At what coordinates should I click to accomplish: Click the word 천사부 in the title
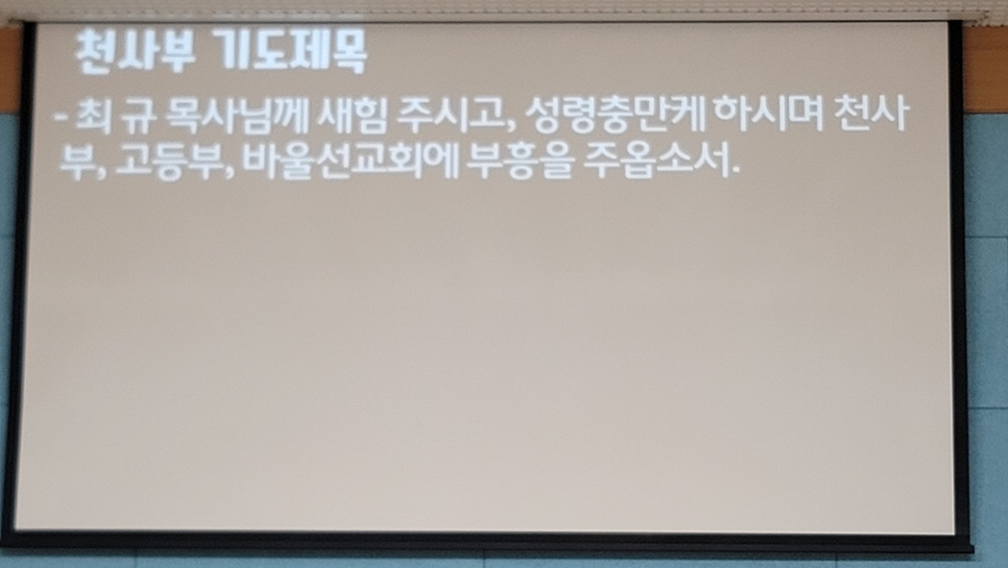point(134,52)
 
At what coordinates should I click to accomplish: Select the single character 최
point(94,116)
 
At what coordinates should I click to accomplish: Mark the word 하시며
point(769,115)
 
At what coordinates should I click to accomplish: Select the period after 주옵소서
point(736,173)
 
